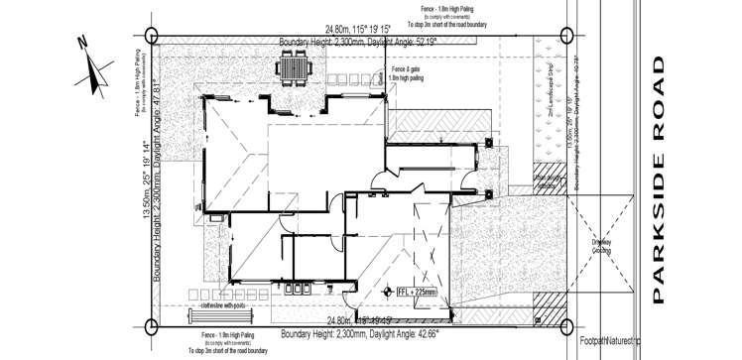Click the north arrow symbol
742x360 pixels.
[x=97, y=67]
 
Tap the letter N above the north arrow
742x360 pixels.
[x=84, y=42]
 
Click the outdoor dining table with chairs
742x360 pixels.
[x=295, y=68]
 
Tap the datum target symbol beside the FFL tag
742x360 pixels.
[x=389, y=292]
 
